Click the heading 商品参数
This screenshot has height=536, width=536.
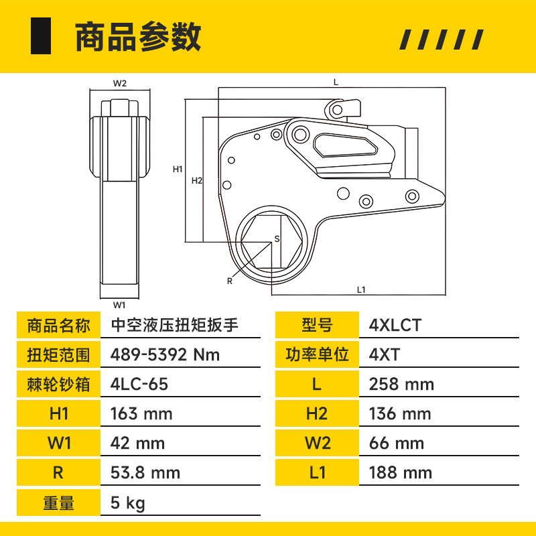pyautogui.click(x=138, y=37)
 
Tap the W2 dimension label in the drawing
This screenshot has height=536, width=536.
pyautogui.click(x=120, y=83)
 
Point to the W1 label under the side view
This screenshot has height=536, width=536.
pyautogui.click(x=119, y=305)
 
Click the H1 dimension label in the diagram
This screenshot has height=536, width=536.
pyautogui.click(x=178, y=169)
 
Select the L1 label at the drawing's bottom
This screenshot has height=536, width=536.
pyautogui.click(x=361, y=290)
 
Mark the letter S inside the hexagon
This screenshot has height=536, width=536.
pyautogui.click(x=277, y=239)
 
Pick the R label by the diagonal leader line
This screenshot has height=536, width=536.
pyautogui.click(x=230, y=281)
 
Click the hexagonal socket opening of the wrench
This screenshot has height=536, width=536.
pyautogui.click(x=272, y=241)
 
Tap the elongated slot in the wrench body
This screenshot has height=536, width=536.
pyautogui.click(x=345, y=145)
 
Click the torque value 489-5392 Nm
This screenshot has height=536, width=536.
pyautogui.click(x=165, y=354)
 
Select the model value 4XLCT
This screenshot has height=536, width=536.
pyautogui.click(x=395, y=325)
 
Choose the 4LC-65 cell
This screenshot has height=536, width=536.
pyautogui.click(x=139, y=384)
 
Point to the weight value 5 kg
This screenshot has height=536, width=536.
pyautogui.click(x=127, y=503)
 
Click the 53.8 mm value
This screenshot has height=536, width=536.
pyautogui.click(x=145, y=473)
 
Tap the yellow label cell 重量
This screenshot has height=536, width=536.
pyautogui.click(x=58, y=503)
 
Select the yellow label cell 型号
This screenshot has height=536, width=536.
pyautogui.click(x=317, y=325)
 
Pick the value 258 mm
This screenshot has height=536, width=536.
pyautogui.click(x=401, y=384)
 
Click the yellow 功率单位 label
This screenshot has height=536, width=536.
pyautogui.click(x=317, y=354)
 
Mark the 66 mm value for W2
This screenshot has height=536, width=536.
pyautogui.click(x=397, y=444)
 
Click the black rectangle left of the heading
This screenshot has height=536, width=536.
pyautogui.click(x=41, y=36)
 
